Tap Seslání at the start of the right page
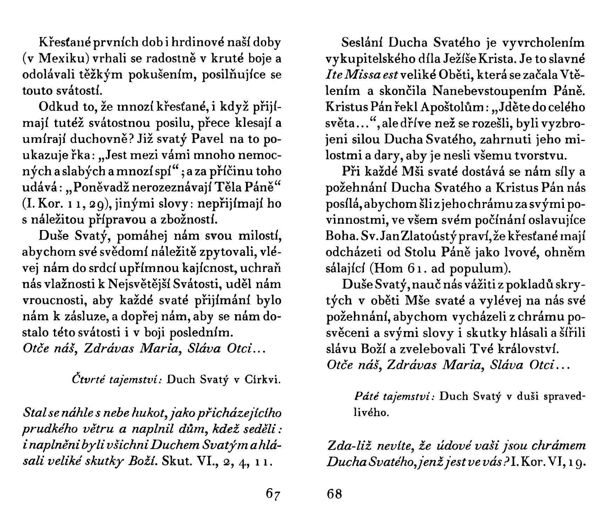click(362, 43)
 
